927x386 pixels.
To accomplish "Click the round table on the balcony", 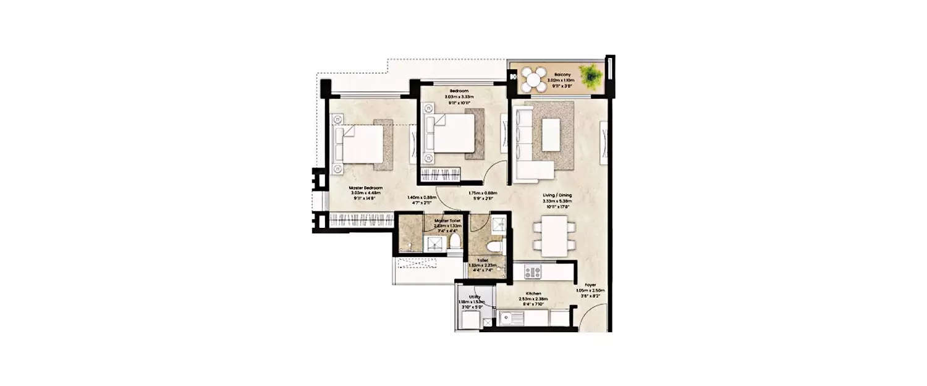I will [533, 79].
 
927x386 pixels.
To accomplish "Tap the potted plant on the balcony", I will [591, 76].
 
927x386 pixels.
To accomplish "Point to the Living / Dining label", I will [557, 195].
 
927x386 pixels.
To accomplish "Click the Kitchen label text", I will [533, 293].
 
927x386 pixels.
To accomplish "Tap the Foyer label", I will [590, 285].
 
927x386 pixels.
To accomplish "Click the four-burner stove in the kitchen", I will [533, 271].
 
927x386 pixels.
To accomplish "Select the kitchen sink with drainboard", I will [511, 317].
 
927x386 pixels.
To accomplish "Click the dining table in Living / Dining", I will [554, 235].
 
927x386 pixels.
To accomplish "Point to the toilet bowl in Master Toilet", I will [456, 241].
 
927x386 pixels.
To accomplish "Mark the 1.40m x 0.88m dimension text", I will [421, 198].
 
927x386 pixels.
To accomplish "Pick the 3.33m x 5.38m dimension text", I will [557, 201].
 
